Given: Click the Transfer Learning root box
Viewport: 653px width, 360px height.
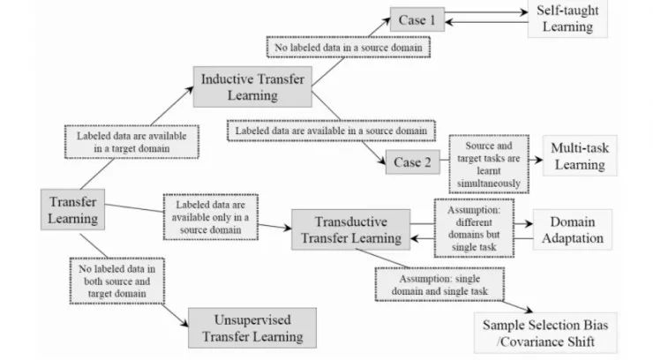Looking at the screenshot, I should pos(74,207).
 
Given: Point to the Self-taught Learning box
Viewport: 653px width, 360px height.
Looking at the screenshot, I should pos(572,19).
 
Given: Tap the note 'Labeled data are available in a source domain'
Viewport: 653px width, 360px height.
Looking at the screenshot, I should pos(330,131).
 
